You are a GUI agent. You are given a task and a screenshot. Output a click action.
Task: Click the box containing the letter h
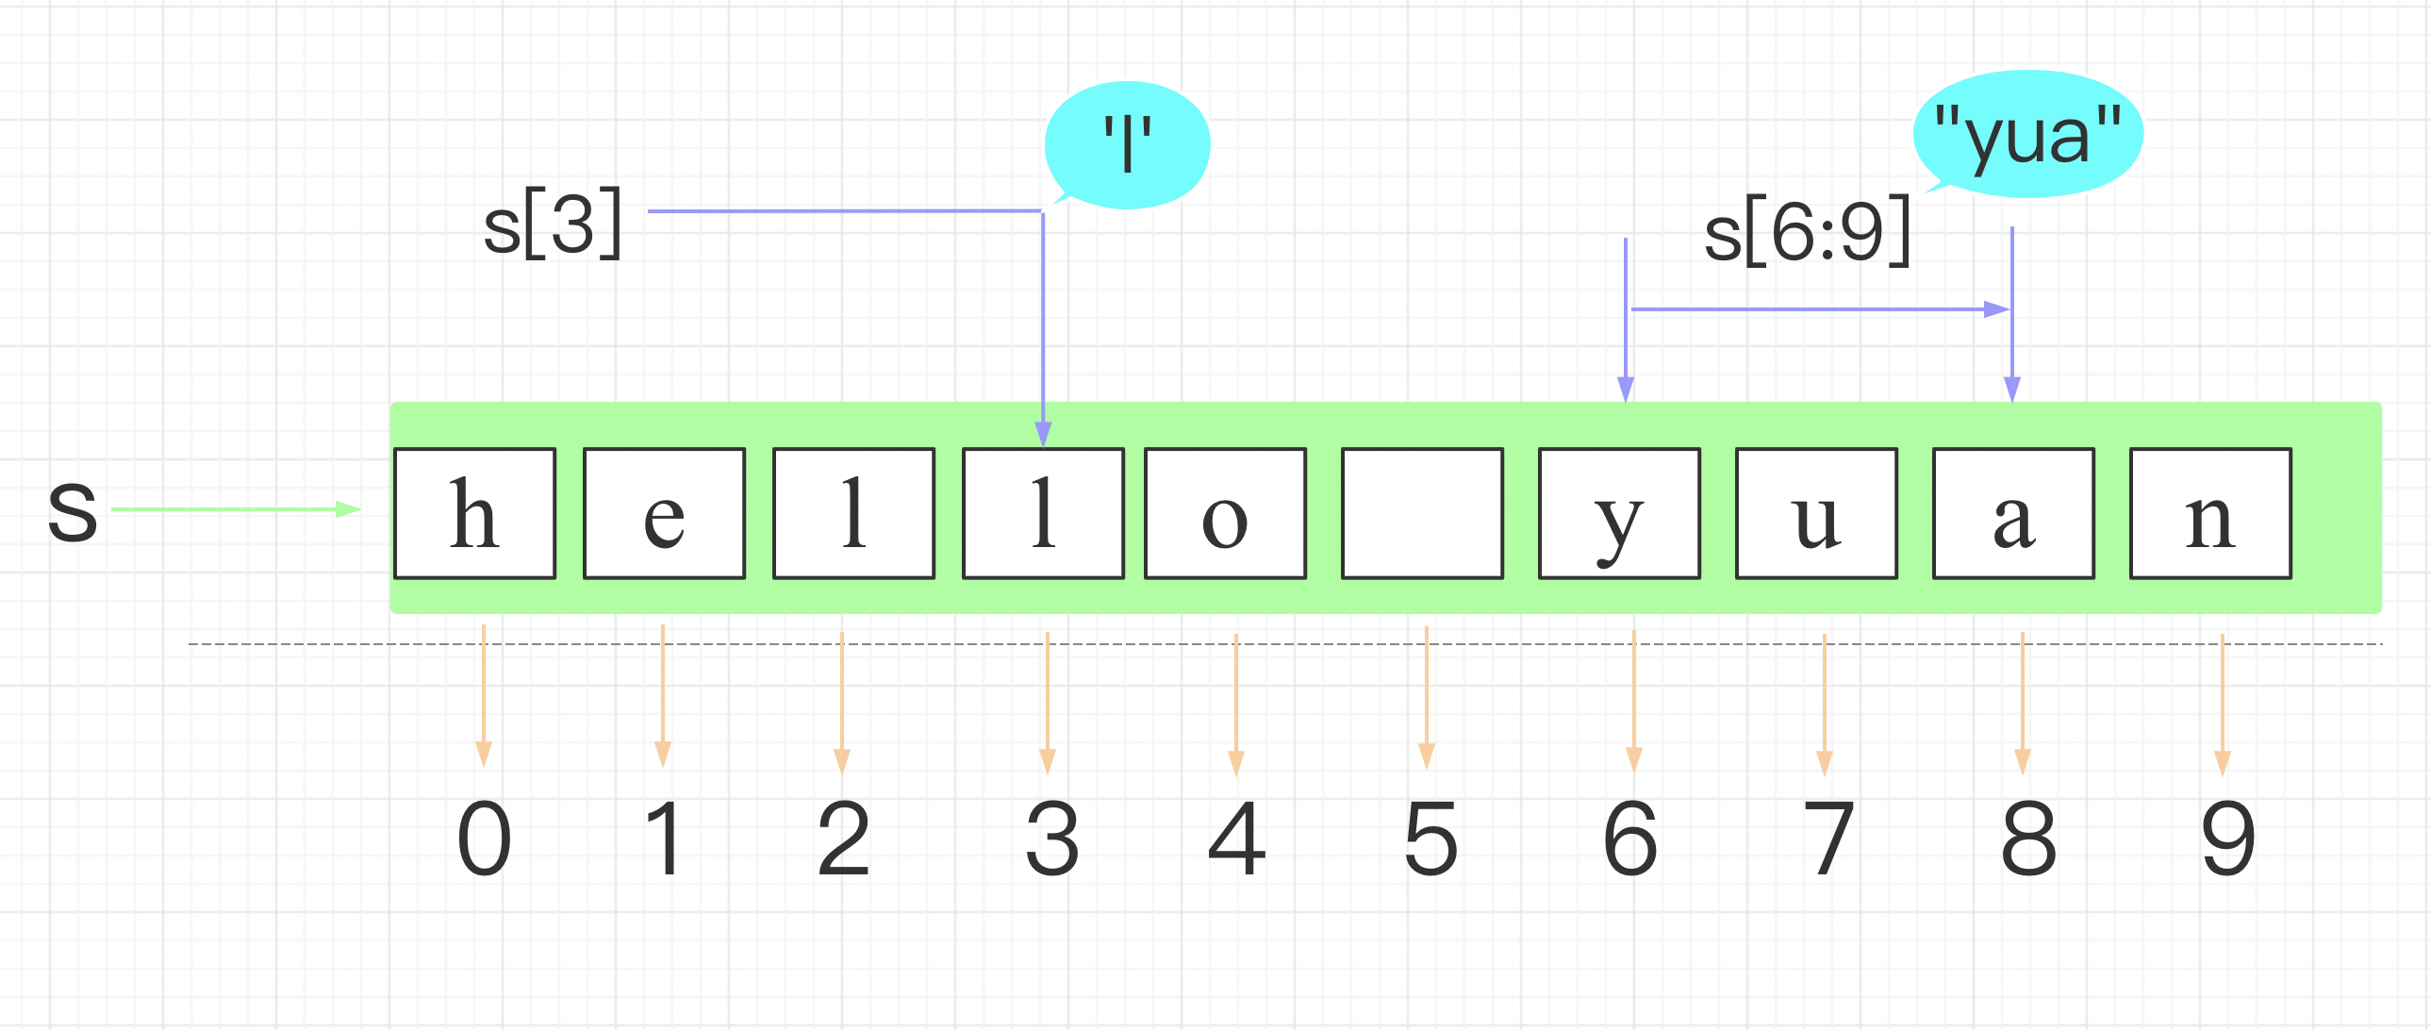[474, 513]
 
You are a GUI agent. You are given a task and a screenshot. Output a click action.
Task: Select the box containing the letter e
[665, 513]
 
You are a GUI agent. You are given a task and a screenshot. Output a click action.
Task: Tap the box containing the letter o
[1226, 513]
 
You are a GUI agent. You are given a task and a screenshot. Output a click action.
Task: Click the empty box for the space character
[1422, 513]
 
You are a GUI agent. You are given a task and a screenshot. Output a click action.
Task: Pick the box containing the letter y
[1619, 513]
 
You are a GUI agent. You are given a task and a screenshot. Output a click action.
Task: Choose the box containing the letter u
[1816, 513]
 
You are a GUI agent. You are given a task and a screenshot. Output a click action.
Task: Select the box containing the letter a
[2014, 513]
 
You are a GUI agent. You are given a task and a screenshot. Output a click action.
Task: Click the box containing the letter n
[2211, 513]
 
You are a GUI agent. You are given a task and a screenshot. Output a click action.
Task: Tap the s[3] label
[553, 224]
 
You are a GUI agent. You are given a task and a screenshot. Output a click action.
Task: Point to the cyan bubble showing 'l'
[1128, 144]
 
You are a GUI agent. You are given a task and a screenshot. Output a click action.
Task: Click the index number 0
[484, 838]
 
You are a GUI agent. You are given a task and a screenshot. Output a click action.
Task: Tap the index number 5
[1430, 838]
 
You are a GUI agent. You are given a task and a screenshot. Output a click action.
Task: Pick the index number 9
[2228, 838]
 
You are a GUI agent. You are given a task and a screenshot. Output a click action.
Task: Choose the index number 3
[1052, 838]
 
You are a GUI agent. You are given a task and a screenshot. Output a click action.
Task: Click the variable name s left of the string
[73, 509]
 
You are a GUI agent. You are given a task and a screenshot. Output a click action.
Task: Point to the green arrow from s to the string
[236, 509]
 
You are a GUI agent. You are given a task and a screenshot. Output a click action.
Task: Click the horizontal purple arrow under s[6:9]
[1820, 308]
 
